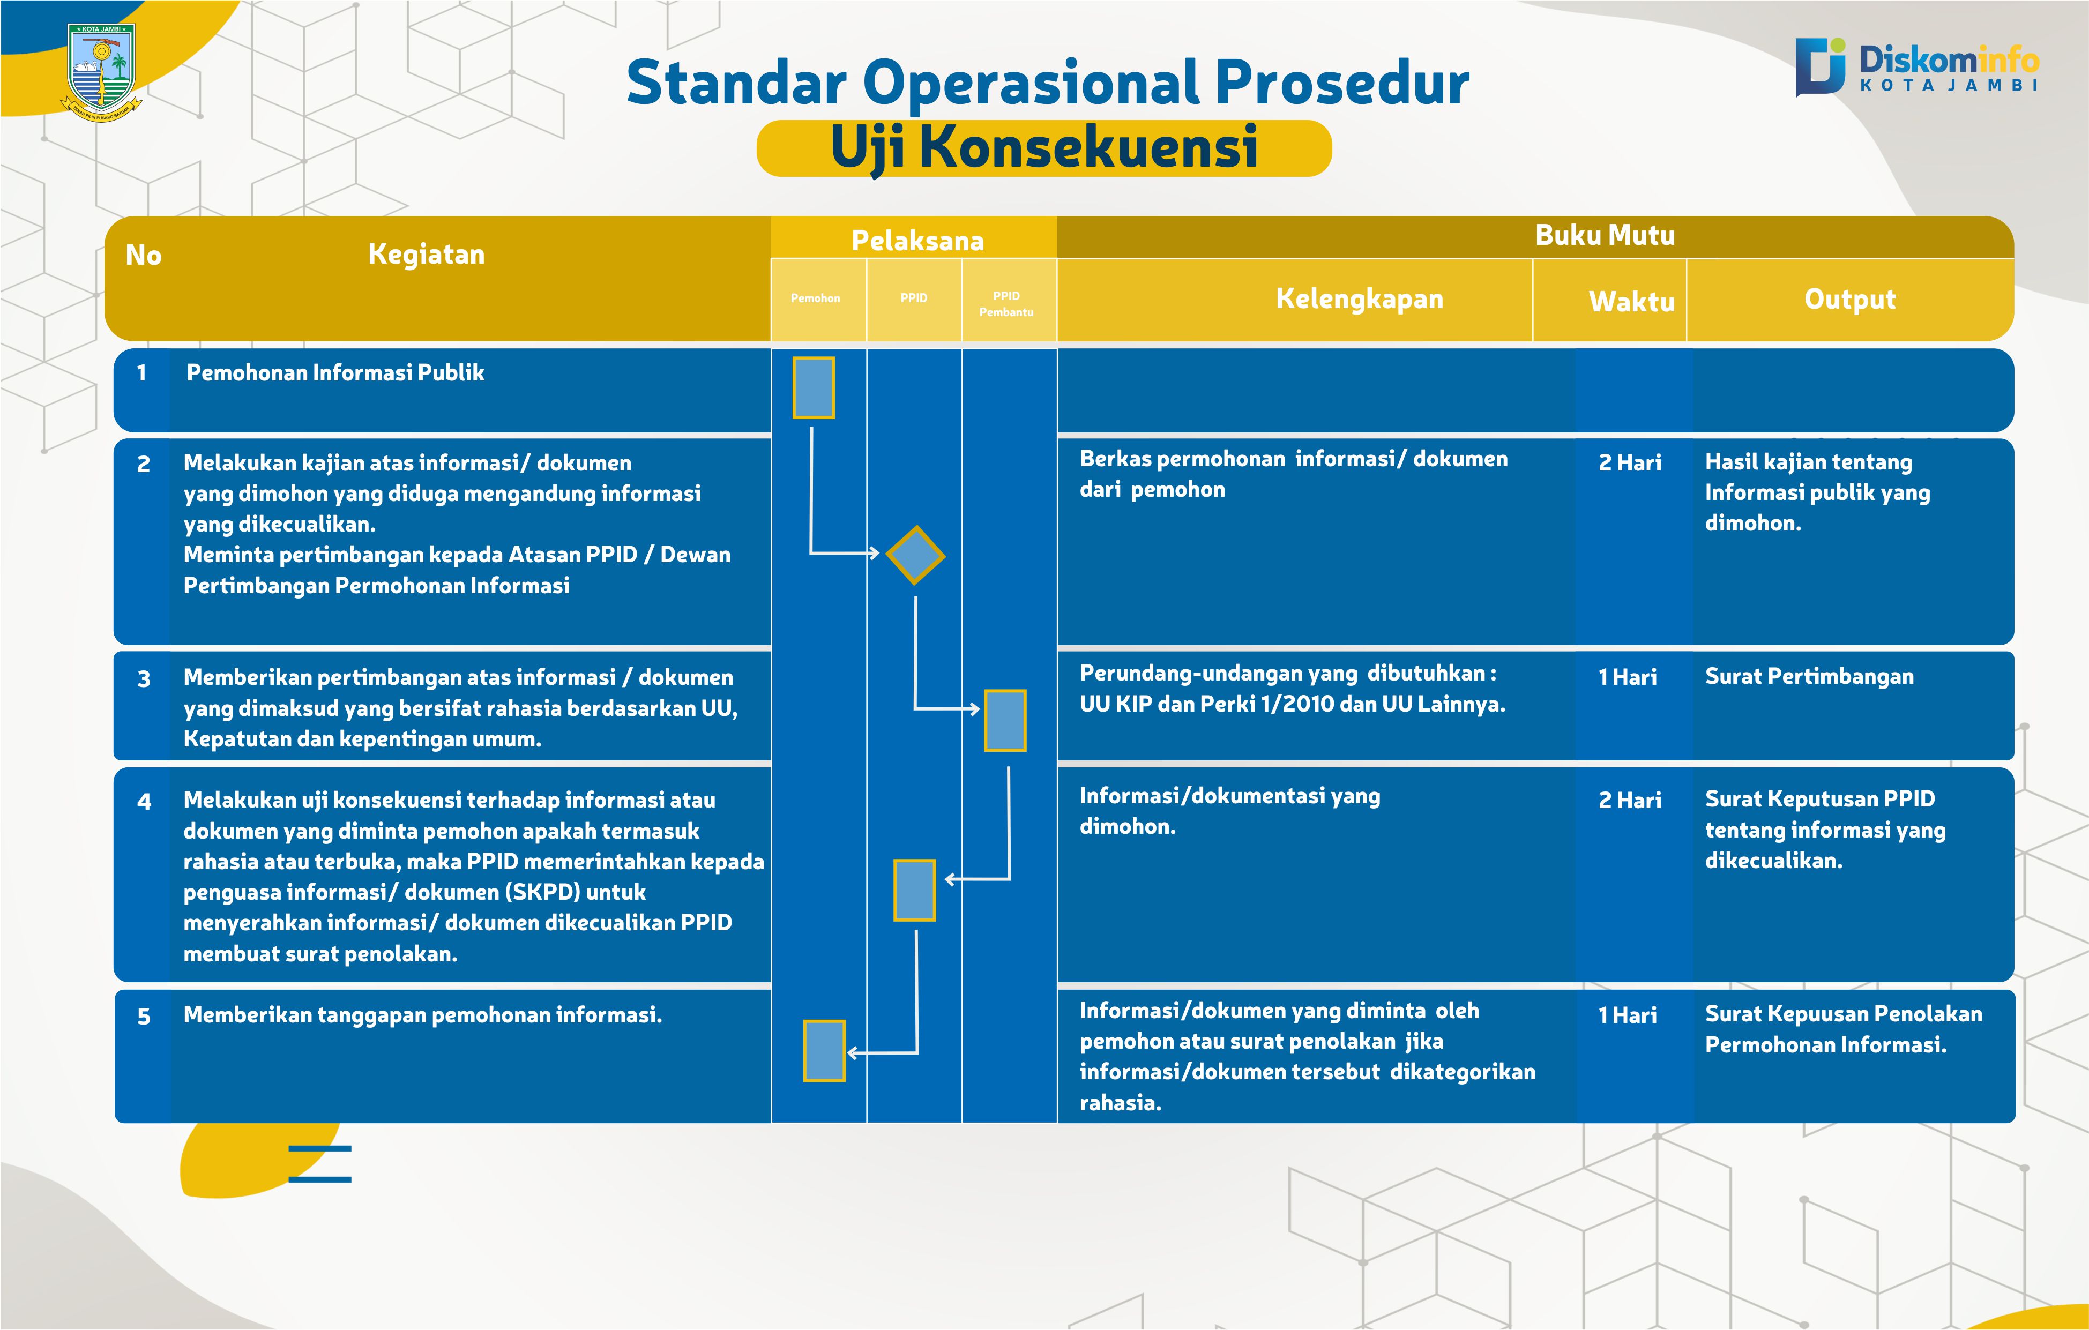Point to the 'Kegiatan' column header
point(426,254)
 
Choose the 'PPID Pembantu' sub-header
point(1006,304)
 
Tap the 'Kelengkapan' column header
point(1360,298)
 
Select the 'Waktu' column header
point(1632,301)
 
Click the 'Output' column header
point(1851,298)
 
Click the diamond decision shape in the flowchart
point(915,555)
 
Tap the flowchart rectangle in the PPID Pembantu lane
point(1005,720)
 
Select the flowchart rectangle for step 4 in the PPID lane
point(914,890)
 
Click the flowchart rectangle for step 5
point(824,1051)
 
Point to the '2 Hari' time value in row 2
point(1630,462)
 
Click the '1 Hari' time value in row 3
point(1628,677)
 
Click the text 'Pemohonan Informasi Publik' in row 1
point(335,373)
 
